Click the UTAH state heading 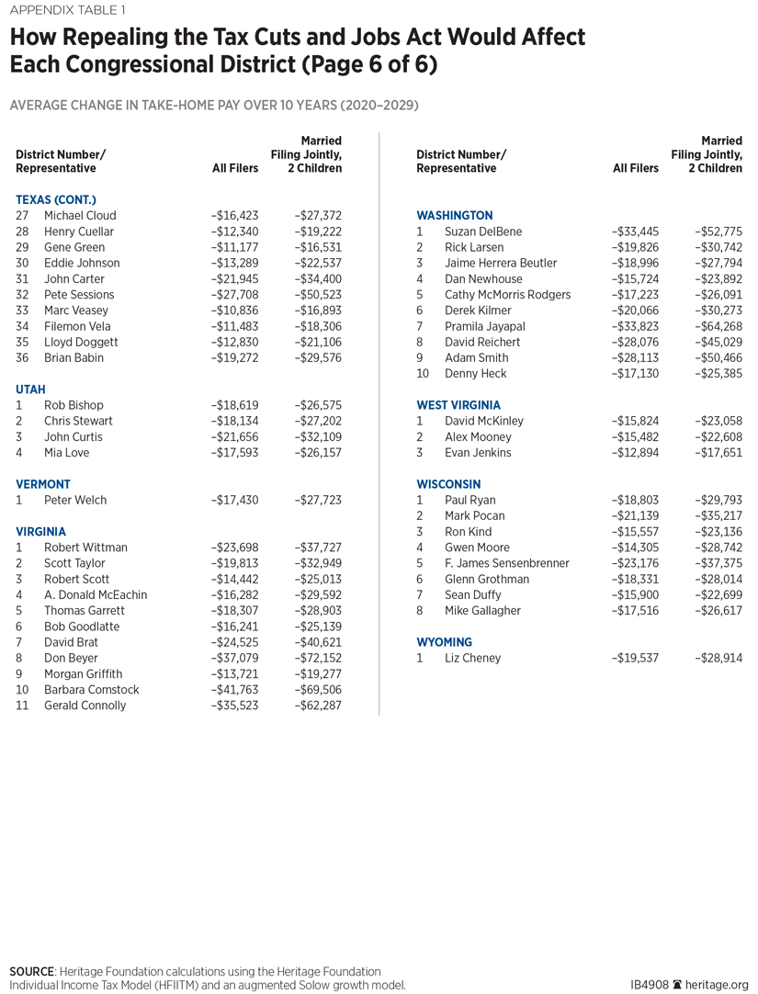coord(30,390)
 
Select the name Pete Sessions coord(79,295)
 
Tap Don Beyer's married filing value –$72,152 coord(318,659)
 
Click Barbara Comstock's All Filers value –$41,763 coord(235,690)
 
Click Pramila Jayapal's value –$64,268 coord(718,326)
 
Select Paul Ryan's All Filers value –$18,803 coord(636,501)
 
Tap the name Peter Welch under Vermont coord(75,501)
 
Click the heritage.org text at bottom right coord(718,985)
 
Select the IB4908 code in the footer coord(650,985)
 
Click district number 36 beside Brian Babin coord(23,358)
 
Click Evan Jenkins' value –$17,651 coord(718,453)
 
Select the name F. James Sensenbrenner coord(507,563)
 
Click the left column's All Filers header coord(235,169)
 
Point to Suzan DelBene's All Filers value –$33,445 coord(636,232)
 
